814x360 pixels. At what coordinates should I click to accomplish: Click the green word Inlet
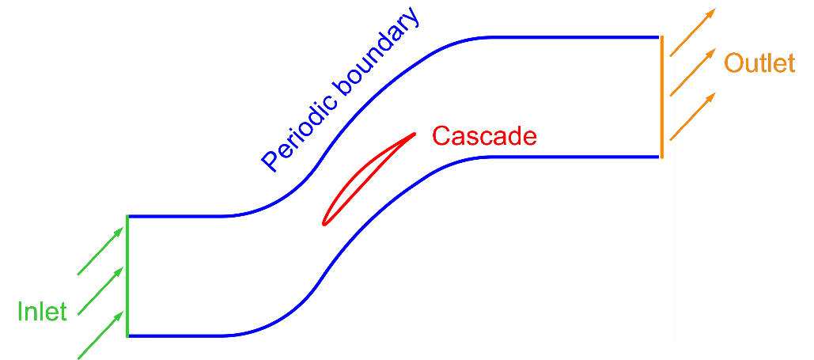pos(42,311)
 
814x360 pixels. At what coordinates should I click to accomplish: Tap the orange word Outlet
pos(759,63)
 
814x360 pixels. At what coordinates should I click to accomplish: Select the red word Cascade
pos(484,136)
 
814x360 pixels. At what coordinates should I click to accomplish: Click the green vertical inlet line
pos(127,275)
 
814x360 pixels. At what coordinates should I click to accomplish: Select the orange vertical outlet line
pos(661,97)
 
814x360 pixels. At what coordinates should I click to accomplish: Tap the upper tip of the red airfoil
pos(415,133)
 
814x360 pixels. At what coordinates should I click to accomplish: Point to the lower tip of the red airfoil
pos(324,224)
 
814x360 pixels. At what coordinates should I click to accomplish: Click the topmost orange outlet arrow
pos(693,32)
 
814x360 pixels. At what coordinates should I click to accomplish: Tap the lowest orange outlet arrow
pos(693,116)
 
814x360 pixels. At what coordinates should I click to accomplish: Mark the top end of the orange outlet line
pos(661,37)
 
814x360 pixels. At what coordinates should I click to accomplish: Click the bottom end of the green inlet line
pos(127,335)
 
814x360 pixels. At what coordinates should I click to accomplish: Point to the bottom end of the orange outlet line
pos(661,157)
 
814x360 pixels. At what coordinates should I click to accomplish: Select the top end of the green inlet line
pos(127,216)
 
